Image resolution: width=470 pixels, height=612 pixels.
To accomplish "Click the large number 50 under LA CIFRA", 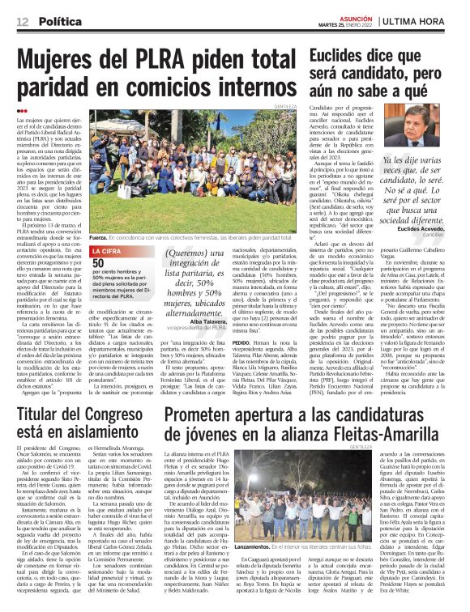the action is pos(98,263).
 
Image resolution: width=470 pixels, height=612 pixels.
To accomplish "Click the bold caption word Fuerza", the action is pos(99,238).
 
